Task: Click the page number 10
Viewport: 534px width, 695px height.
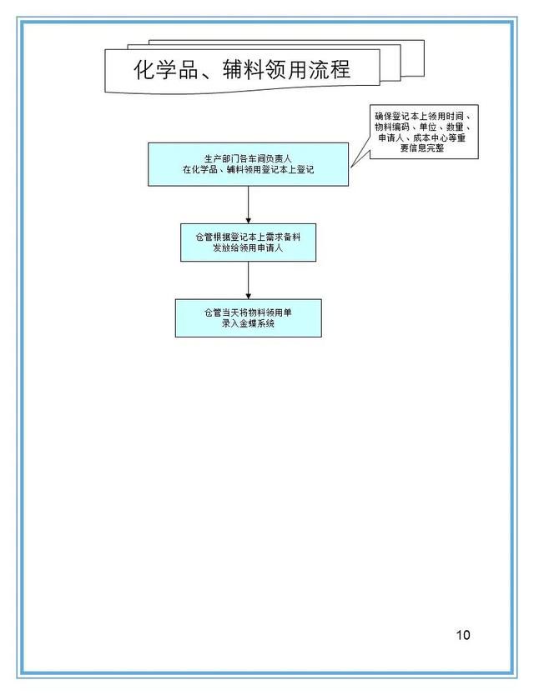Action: click(x=462, y=635)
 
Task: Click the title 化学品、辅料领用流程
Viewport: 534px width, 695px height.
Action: click(x=242, y=70)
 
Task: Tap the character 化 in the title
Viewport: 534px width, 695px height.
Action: click(x=144, y=70)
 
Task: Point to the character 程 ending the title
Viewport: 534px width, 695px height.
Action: click(x=340, y=70)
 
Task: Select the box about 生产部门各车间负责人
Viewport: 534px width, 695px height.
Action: click(x=248, y=164)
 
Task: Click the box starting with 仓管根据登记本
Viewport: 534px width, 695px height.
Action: click(x=248, y=242)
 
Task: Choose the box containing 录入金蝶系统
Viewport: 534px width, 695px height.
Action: click(x=248, y=318)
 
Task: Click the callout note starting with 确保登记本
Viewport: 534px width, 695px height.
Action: click(x=424, y=132)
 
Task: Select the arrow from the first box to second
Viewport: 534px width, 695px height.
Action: click(x=248, y=205)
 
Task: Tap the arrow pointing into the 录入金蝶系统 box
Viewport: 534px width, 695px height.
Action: click(x=248, y=280)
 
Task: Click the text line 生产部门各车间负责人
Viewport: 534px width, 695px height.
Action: click(x=248, y=158)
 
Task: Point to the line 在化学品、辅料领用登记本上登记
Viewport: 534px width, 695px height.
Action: click(x=248, y=169)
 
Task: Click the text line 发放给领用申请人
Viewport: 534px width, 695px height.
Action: click(x=248, y=247)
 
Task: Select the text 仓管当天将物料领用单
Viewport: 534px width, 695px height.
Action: click(x=248, y=313)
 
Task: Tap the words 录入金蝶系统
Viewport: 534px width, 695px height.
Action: click(x=248, y=323)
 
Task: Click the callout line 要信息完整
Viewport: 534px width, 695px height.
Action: click(x=422, y=148)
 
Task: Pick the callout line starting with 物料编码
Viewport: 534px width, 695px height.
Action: click(x=422, y=127)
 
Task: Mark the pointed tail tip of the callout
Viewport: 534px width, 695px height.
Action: click(x=351, y=167)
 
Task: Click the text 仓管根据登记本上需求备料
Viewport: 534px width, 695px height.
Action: click(x=248, y=237)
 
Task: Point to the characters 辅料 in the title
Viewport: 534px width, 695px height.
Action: click(x=242, y=70)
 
